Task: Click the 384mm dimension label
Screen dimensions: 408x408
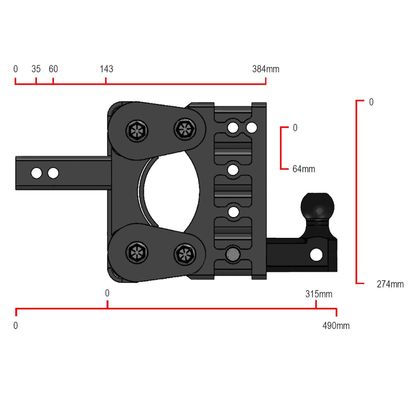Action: pyautogui.click(x=266, y=69)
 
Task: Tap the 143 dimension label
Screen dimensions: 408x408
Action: pyautogui.click(x=106, y=69)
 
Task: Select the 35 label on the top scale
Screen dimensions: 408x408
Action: pyautogui.click(x=36, y=69)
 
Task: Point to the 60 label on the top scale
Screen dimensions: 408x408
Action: pyautogui.click(x=53, y=69)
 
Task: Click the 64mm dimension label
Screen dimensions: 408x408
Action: pyautogui.click(x=304, y=169)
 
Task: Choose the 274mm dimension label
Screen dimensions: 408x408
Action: pyautogui.click(x=390, y=284)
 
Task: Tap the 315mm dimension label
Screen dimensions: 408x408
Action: pyautogui.click(x=319, y=294)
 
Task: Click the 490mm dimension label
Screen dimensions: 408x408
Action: pyautogui.click(x=336, y=326)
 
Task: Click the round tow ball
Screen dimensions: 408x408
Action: pyautogui.click(x=317, y=206)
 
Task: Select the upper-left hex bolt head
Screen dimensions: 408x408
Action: pyautogui.click(x=137, y=130)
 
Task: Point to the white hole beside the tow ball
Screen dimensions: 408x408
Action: pyautogui.click(x=316, y=254)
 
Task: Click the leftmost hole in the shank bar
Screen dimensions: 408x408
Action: pyautogui.click(x=37, y=173)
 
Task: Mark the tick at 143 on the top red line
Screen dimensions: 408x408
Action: pyautogui.click(x=106, y=81)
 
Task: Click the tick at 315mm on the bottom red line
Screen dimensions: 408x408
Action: pyautogui.click(x=316, y=305)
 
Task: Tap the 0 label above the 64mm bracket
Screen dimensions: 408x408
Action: pyautogui.click(x=295, y=128)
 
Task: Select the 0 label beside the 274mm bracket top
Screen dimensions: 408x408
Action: pyautogui.click(x=371, y=102)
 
